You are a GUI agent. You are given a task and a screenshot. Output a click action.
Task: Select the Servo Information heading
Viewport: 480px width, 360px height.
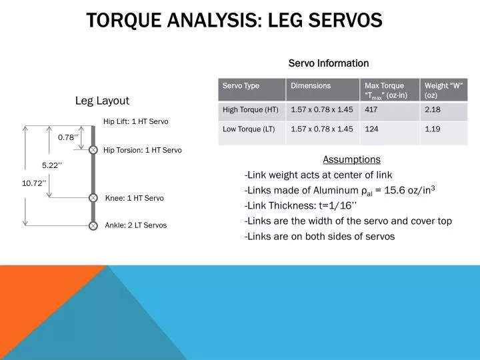[x=328, y=63]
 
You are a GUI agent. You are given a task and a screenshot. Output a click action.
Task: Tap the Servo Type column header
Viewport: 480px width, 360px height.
[x=241, y=86]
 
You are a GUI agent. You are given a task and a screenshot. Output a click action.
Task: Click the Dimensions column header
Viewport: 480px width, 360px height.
[x=311, y=86]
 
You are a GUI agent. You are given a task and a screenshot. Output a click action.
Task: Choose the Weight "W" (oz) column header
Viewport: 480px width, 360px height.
[x=444, y=91]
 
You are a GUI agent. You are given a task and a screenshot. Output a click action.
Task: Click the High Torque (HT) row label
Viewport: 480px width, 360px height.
[x=251, y=109]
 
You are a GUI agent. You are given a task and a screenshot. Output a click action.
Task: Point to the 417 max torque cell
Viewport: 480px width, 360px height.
[x=371, y=109]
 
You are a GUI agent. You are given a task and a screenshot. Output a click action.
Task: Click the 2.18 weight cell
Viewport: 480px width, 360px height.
[x=433, y=109]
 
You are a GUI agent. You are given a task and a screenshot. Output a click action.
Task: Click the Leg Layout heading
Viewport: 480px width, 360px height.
[x=102, y=101]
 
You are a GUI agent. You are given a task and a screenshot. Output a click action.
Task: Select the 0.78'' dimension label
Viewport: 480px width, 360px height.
[x=68, y=137]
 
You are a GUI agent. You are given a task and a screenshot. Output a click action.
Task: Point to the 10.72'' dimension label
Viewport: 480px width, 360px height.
[x=34, y=183]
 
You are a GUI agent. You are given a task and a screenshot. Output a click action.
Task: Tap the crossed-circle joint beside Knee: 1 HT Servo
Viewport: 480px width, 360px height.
[x=93, y=198]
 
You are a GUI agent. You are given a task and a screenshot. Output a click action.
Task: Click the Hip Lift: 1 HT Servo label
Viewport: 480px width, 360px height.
[x=136, y=121]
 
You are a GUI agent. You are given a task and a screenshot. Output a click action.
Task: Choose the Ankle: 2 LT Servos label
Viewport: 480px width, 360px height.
[x=136, y=225]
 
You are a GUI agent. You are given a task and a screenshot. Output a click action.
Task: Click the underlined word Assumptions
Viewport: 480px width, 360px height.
[x=351, y=159]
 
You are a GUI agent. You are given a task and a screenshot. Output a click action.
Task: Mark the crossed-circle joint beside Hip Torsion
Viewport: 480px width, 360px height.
[x=93, y=150]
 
